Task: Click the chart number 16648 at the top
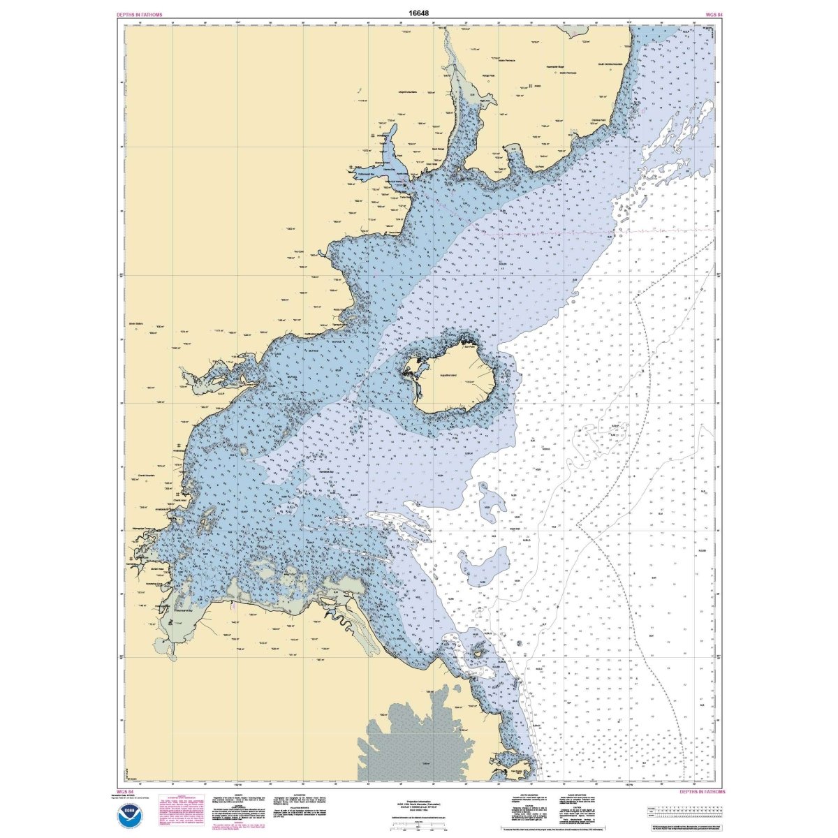point(419,13)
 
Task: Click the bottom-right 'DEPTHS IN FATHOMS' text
point(702,792)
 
